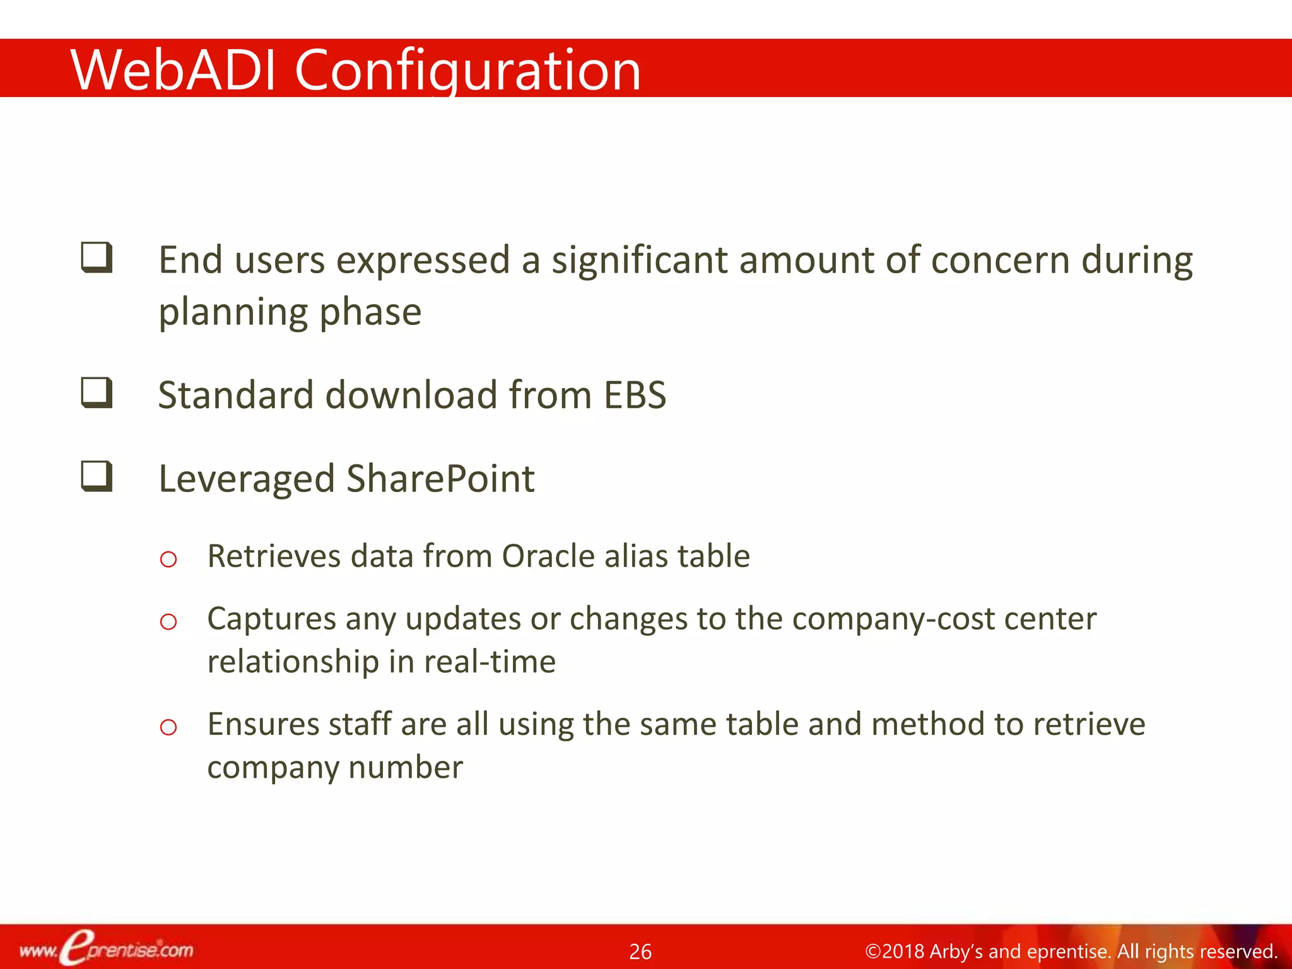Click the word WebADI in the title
coord(173,71)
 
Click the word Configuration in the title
coord(467,71)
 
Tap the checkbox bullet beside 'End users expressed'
coord(97,257)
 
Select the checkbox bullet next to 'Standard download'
coord(97,392)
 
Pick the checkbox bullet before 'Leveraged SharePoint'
coord(97,476)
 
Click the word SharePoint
coord(440,479)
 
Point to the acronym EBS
coord(635,396)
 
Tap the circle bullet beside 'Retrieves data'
coord(168,559)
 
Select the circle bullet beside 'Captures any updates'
coord(168,621)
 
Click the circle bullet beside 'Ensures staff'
coord(168,727)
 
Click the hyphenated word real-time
coord(490,662)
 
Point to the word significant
coord(639,261)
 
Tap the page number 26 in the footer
coord(640,951)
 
